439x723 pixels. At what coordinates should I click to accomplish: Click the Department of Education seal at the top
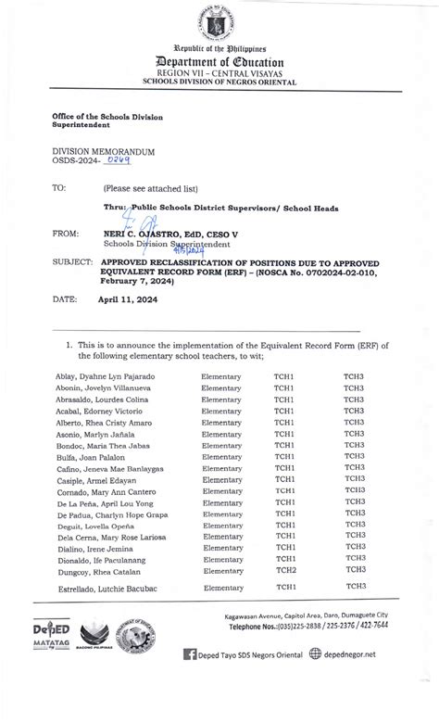tap(219, 20)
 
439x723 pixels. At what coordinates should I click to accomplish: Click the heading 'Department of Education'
tap(219, 61)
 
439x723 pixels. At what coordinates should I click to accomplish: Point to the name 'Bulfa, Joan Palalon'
tap(91, 456)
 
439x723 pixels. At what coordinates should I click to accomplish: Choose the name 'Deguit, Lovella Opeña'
tap(95, 525)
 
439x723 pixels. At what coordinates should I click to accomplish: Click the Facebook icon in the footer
tap(191, 680)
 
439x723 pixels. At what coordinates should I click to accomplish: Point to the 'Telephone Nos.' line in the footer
tap(331, 653)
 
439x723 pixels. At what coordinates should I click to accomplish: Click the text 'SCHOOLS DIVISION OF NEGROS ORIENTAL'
tap(219, 82)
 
